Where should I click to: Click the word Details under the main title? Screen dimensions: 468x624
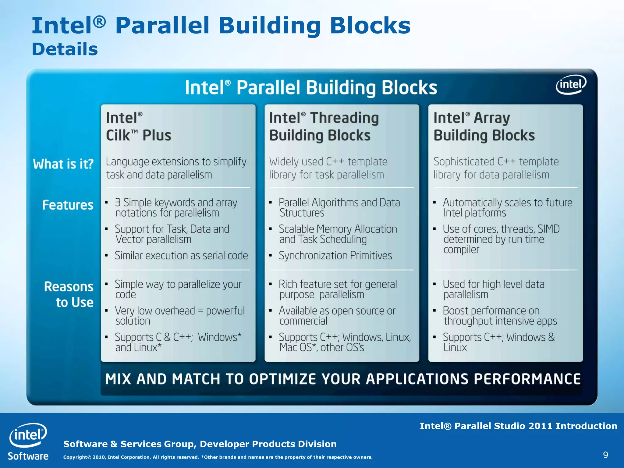[x=65, y=49]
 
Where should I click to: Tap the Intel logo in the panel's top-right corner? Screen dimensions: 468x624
[x=571, y=85]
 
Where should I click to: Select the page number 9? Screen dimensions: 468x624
[x=605, y=455]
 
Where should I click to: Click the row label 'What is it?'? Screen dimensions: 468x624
[x=63, y=164]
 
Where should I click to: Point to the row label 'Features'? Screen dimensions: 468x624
[x=68, y=205]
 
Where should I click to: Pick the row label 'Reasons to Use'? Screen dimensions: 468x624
[x=69, y=294]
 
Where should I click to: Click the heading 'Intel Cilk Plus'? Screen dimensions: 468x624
[x=139, y=126]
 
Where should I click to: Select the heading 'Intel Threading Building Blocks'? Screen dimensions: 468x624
[x=324, y=126]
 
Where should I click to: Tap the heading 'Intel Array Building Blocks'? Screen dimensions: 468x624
[x=484, y=126]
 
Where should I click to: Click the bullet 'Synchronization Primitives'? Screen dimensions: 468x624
[x=335, y=256]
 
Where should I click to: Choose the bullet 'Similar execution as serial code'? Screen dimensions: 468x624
[x=181, y=256]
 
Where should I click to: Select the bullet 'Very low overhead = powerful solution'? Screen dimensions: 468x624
[x=179, y=316]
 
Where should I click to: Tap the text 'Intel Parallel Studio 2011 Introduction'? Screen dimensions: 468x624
[x=518, y=426]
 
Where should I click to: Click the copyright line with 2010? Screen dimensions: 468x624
[x=218, y=457]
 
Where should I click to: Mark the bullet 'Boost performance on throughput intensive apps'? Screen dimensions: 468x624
[x=500, y=316]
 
